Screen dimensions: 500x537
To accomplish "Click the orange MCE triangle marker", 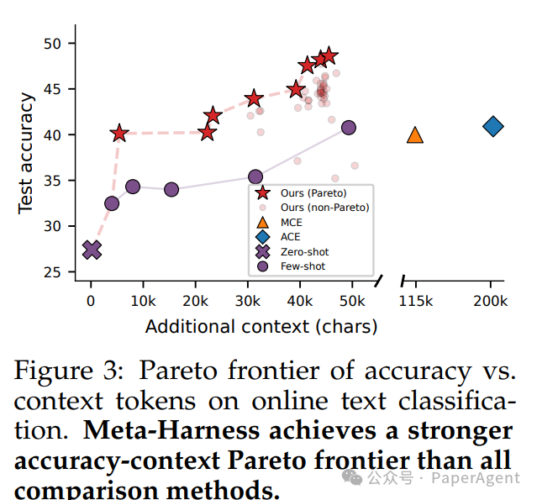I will [x=414, y=134].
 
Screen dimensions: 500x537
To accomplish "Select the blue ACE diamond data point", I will [x=493, y=127].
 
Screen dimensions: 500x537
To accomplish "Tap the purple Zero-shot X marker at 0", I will [x=92, y=250].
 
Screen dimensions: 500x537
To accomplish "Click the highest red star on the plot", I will [x=329, y=55].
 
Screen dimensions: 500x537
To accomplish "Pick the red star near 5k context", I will [x=119, y=133].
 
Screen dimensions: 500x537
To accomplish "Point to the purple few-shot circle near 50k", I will [x=348, y=128].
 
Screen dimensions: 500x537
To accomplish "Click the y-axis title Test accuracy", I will [x=27, y=154].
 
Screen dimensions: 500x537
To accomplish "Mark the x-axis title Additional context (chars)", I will [x=261, y=326].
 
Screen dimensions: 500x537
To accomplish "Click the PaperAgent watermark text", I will [x=475, y=478].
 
